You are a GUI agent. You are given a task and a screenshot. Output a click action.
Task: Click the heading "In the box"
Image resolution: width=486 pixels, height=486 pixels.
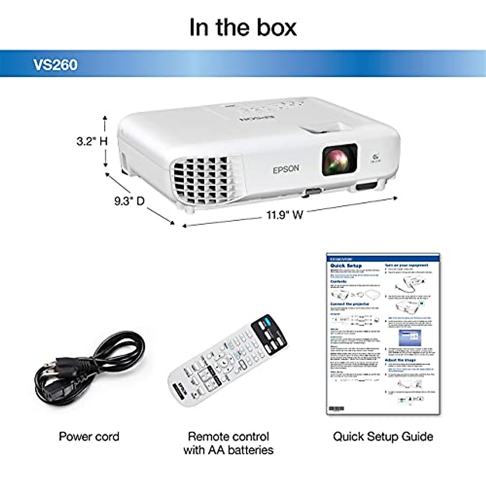pos(243,28)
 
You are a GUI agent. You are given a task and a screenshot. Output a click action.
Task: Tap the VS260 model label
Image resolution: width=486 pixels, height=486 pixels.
pos(55,65)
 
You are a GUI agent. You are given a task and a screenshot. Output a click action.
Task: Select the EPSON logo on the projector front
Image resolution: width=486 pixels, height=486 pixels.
pos(286,169)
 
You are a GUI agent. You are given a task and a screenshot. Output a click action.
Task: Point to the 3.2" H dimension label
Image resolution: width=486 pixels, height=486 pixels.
pos(92,141)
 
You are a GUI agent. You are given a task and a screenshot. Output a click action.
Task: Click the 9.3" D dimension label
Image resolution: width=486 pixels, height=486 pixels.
pos(129,201)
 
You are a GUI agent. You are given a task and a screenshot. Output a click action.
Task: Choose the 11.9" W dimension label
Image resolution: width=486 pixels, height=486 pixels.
pos(285,215)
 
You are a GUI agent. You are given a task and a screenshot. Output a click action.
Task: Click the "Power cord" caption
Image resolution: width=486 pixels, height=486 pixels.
pos(89,437)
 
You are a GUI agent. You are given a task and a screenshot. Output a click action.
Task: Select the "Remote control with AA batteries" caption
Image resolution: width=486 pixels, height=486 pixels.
pos(228,443)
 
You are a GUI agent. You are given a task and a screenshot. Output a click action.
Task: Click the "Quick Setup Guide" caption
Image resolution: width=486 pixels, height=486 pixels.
pos(383,437)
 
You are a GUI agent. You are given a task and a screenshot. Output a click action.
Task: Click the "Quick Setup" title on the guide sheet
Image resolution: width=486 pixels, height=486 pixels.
pos(346,266)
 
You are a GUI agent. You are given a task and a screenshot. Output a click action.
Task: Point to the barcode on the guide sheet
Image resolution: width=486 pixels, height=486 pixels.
pos(336,408)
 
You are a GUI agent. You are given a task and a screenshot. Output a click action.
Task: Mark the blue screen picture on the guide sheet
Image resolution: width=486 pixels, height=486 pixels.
pos(409,337)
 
